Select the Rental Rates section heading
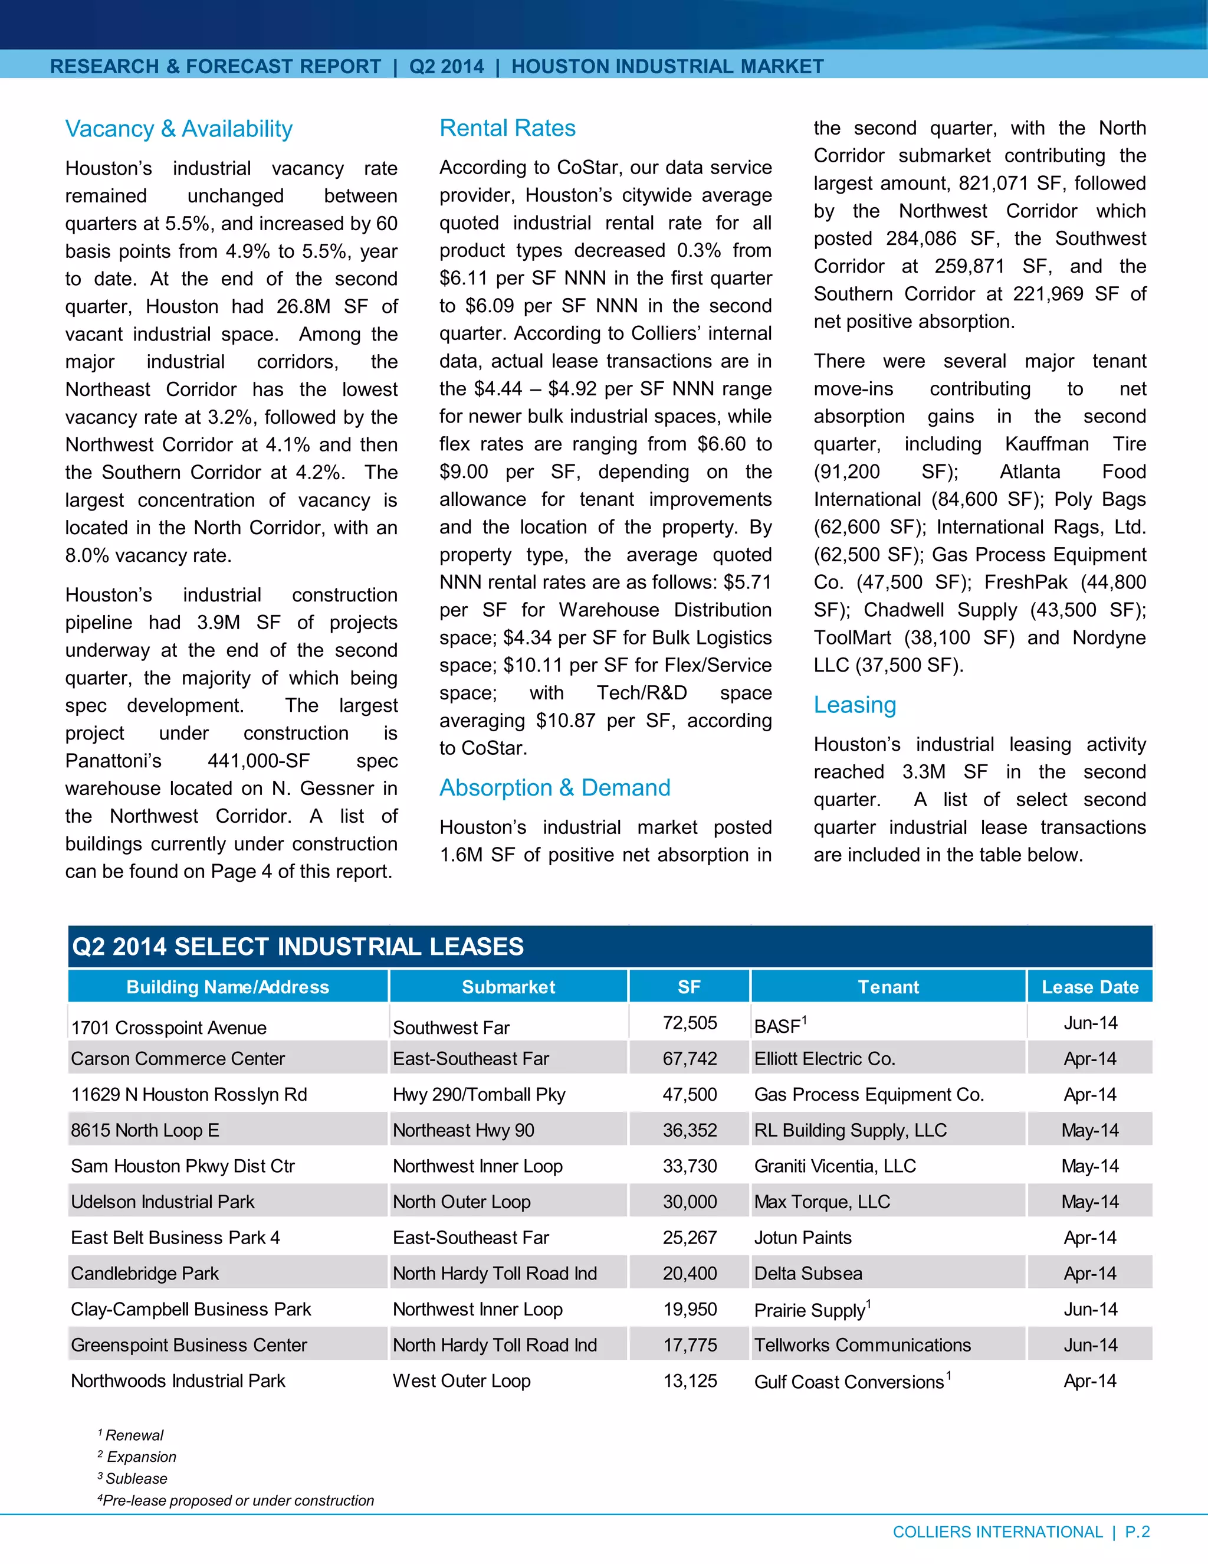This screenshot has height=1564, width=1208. click(507, 128)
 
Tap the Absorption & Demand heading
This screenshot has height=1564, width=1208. click(554, 788)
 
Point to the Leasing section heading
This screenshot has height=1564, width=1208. click(855, 705)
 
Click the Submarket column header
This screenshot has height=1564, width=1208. click(508, 987)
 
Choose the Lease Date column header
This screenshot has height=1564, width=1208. click(1089, 987)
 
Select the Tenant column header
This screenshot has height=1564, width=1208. click(888, 987)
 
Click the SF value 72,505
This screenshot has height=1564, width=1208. click(689, 1023)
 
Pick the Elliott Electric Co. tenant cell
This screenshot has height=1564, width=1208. click(825, 1058)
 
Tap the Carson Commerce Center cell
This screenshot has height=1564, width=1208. click(178, 1058)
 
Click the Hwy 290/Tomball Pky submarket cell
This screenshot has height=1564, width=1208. click(479, 1094)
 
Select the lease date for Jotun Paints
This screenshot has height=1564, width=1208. click(1089, 1238)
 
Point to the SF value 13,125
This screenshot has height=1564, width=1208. click(689, 1380)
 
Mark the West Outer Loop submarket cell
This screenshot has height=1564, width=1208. click(462, 1380)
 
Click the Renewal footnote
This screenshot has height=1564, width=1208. click(133, 1435)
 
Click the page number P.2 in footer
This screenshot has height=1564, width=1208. click(1137, 1532)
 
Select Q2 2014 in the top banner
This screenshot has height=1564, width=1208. click(447, 67)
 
